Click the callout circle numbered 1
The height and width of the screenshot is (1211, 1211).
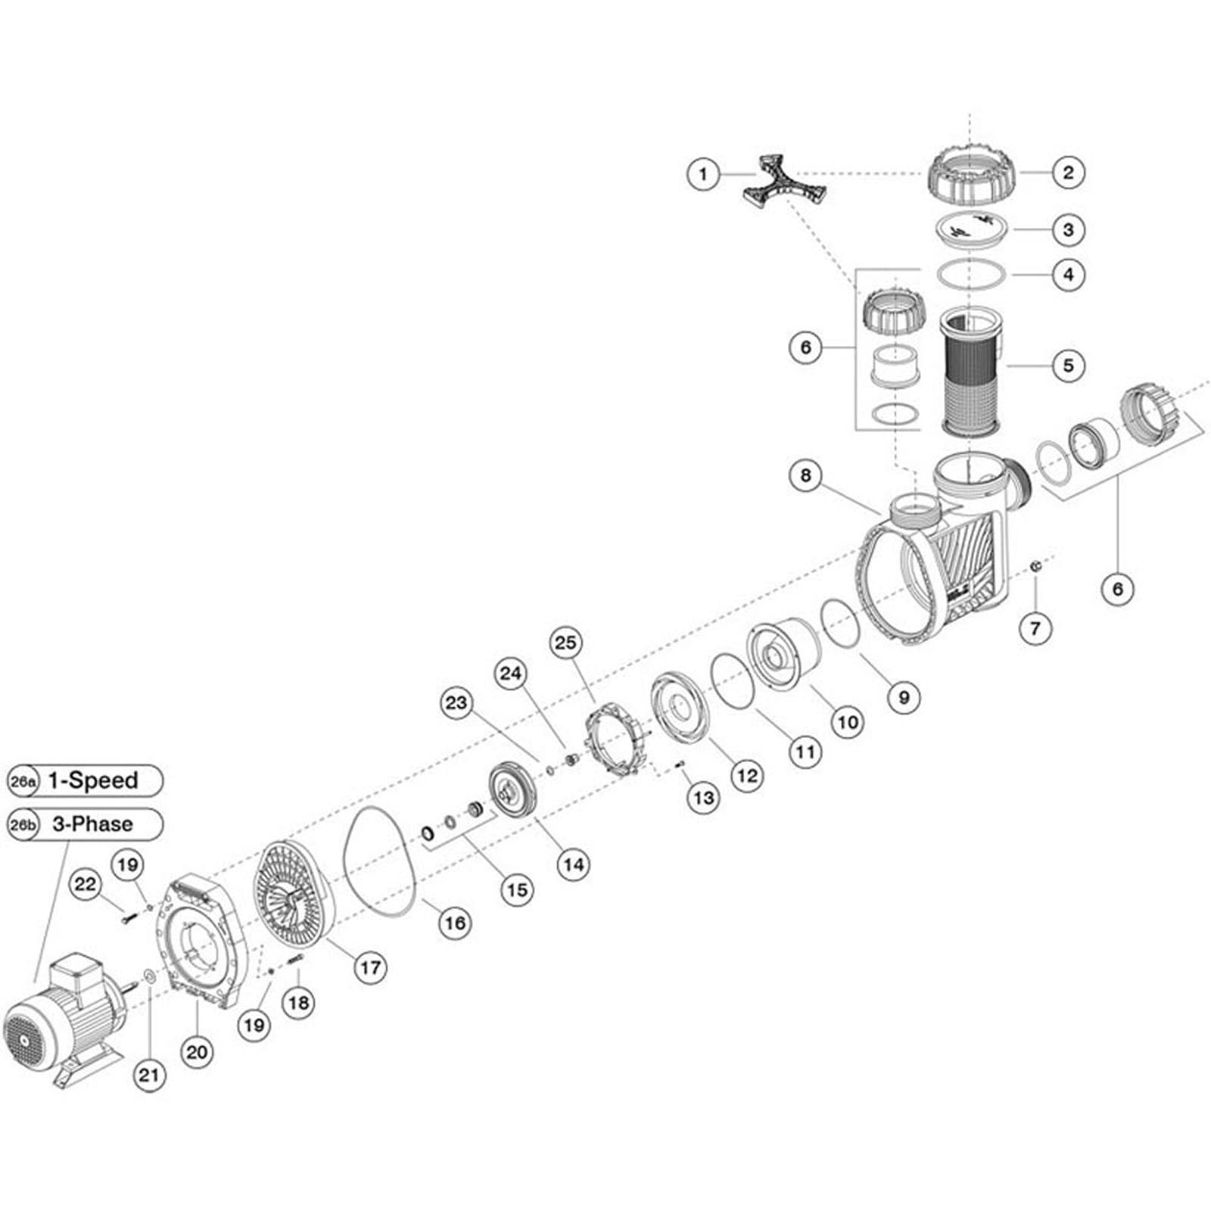point(703,174)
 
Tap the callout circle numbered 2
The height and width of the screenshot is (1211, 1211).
point(1068,173)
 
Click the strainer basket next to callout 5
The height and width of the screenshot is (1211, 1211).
point(971,371)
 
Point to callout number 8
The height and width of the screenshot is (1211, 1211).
point(805,476)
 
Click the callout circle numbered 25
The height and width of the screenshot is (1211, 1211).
point(565,643)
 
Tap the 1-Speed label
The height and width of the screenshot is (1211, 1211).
point(93,780)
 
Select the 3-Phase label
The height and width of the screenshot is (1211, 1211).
point(93,823)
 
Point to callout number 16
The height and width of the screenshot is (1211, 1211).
point(454,923)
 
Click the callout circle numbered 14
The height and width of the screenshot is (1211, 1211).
point(573,864)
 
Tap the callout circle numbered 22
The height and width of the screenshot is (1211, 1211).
point(88,884)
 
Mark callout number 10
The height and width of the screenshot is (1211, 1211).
point(848,722)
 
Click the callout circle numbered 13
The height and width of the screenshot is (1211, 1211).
point(704,798)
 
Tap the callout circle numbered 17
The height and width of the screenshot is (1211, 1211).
point(370,967)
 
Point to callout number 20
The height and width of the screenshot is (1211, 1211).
point(197,1051)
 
